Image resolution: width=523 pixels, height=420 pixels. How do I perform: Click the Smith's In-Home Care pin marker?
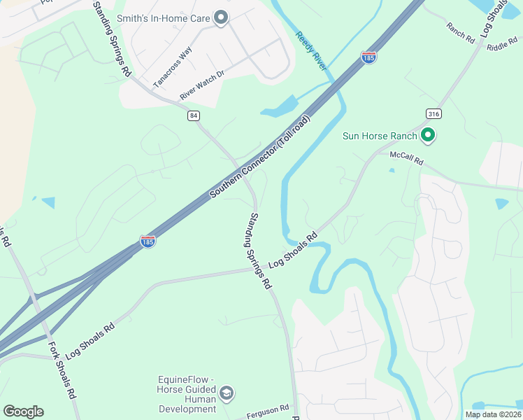click(221, 17)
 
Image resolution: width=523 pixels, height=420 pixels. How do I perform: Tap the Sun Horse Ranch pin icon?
click(427, 136)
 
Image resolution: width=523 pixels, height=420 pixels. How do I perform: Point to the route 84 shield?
click(193, 115)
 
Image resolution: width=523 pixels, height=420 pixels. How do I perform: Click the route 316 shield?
click(433, 113)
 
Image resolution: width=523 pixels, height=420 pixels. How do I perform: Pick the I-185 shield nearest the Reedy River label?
click(369, 57)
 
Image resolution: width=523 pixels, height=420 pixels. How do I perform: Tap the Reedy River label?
click(311, 50)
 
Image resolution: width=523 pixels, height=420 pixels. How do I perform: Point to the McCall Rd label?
click(407, 160)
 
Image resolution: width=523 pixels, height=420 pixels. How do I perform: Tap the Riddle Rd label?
click(501, 46)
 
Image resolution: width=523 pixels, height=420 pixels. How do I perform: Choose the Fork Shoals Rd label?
click(62, 370)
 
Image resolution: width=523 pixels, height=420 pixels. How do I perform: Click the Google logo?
click(23, 412)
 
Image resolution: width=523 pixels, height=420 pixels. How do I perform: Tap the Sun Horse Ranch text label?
click(380, 136)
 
